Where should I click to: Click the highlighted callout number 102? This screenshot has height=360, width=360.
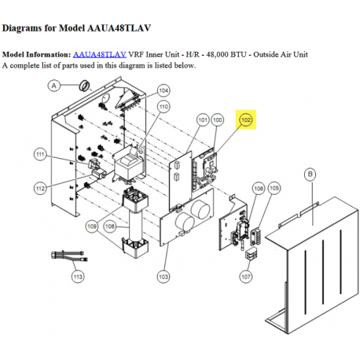(x=246, y=119)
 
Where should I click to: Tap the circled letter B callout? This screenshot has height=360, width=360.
(x=310, y=172)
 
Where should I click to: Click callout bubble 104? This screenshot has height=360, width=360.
(x=163, y=90)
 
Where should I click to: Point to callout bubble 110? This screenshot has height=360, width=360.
(x=163, y=106)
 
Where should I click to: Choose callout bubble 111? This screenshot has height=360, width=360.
(x=40, y=156)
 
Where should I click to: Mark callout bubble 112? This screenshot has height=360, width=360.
(x=40, y=188)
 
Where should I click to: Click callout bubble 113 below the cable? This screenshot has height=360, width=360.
(x=76, y=277)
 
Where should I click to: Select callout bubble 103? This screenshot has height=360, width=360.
(x=163, y=277)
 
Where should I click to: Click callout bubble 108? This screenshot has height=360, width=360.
(x=110, y=226)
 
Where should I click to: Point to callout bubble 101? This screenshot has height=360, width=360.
(x=202, y=119)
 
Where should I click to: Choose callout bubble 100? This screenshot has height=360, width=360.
(x=218, y=119)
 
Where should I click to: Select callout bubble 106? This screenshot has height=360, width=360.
(x=258, y=189)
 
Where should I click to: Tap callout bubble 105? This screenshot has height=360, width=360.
(x=274, y=189)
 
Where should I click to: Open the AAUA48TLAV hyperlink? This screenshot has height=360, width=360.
(x=99, y=54)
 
